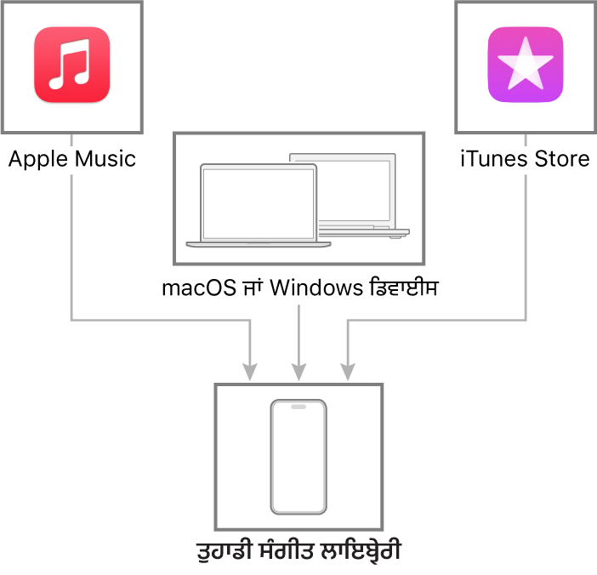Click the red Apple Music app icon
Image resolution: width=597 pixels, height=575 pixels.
coord(72,65)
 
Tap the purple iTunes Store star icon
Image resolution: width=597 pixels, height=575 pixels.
coord(526,65)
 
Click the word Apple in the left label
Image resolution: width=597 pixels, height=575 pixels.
coord(37,159)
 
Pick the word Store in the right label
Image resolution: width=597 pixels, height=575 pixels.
coord(562,158)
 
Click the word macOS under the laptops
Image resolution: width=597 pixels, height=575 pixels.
coord(199,287)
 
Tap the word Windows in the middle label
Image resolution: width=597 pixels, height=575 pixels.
coord(316,287)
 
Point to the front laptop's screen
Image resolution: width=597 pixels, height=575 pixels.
coord(259,204)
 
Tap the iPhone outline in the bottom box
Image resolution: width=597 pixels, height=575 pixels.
coord(298,457)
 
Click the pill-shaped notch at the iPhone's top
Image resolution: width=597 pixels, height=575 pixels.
coord(298,407)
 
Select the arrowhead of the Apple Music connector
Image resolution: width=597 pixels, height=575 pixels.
coord(250,372)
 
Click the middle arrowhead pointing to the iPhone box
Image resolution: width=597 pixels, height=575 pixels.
coord(298,372)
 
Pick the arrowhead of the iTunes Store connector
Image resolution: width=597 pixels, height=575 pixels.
coord(348,372)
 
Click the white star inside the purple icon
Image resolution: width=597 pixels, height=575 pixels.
coord(526,64)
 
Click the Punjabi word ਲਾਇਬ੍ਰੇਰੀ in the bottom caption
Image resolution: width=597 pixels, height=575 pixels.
coord(361,550)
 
